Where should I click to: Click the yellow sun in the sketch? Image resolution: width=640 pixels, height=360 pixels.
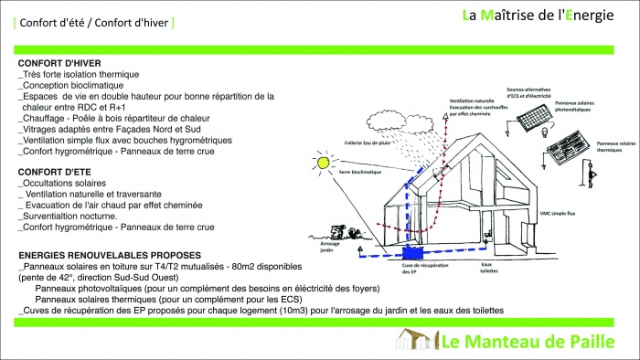click(323, 162)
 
